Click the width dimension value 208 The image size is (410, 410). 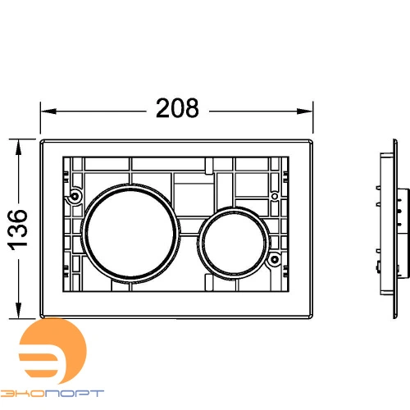177,108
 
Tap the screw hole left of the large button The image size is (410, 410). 75,197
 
